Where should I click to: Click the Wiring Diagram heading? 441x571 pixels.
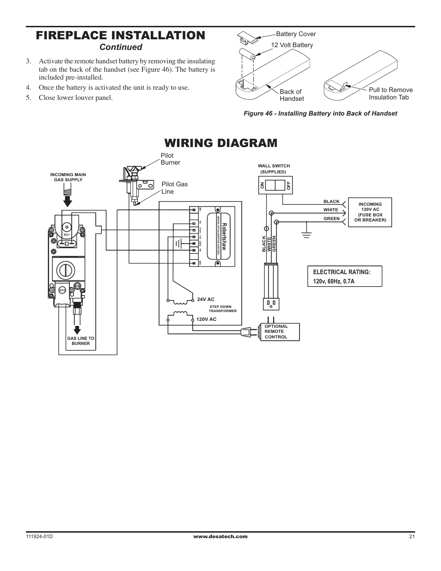click(x=220, y=143)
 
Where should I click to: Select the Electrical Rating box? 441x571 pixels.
click(x=344, y=276)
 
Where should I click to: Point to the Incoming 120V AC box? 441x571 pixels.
click(x=370, y=212)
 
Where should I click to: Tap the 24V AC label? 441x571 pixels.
click(x=206, y=300)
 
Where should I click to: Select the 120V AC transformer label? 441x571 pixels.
click(x=206, y=319)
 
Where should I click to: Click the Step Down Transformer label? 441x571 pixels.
click(x=223, y=309)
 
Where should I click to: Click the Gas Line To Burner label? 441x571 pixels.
click(x=81, y=341)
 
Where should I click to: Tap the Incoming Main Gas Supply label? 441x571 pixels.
click(x=68, y=177)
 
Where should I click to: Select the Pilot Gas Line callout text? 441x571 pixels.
click(x=174, y=188)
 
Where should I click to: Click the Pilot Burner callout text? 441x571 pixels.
click(x=170, y=159)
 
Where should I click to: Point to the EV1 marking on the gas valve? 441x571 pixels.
click(x=67, y=235)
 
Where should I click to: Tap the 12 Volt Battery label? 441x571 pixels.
click(x=292, y=45)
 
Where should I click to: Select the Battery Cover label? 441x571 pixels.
click(x=296, y=34)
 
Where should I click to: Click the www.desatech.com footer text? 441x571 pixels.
click(x=220, y=537)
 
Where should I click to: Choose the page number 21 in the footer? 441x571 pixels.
click(x=412, y=537)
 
